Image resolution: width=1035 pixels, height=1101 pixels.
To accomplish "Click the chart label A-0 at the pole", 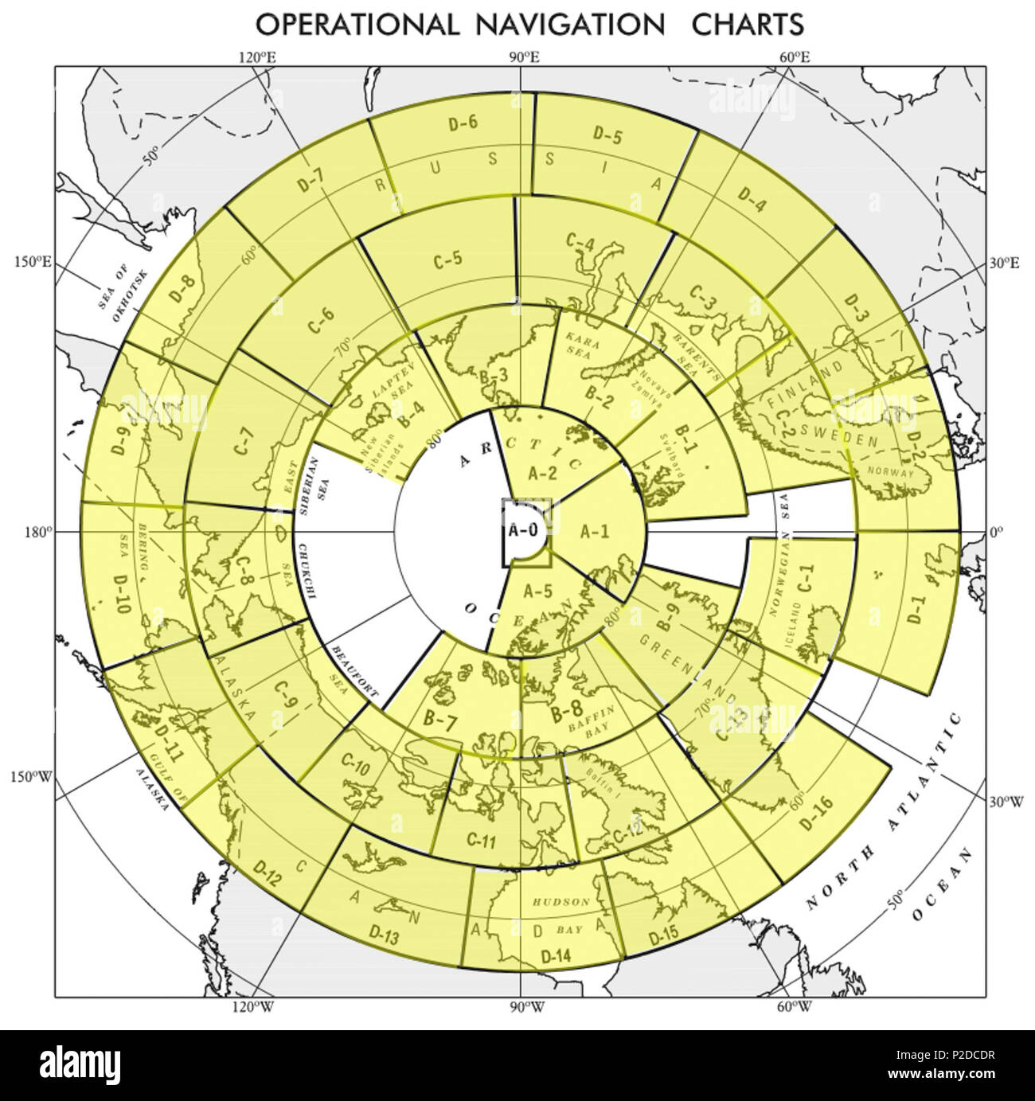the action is coord(523,531).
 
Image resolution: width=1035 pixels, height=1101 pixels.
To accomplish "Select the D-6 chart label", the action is coord(463,123).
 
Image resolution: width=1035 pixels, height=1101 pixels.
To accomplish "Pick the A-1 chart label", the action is coord(594,531).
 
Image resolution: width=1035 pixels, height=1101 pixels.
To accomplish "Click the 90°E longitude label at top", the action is coord(522,57).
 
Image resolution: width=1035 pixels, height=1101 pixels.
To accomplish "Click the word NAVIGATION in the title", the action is coord(569,24).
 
